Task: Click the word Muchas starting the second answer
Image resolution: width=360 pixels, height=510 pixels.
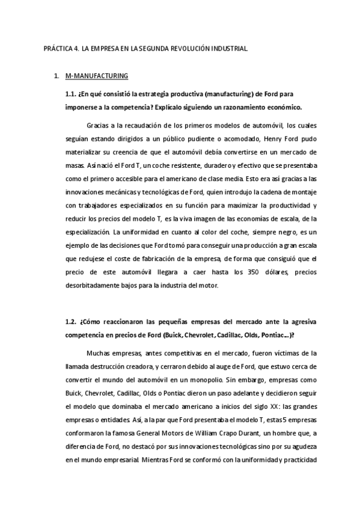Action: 99,352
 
